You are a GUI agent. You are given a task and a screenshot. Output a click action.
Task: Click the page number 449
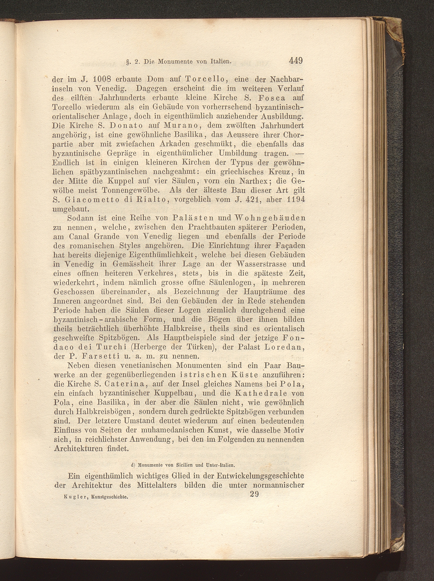(296, 61)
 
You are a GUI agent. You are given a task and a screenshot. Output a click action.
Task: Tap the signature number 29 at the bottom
(254, 494)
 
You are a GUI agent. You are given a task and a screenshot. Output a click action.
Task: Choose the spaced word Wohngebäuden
(271, 218)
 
